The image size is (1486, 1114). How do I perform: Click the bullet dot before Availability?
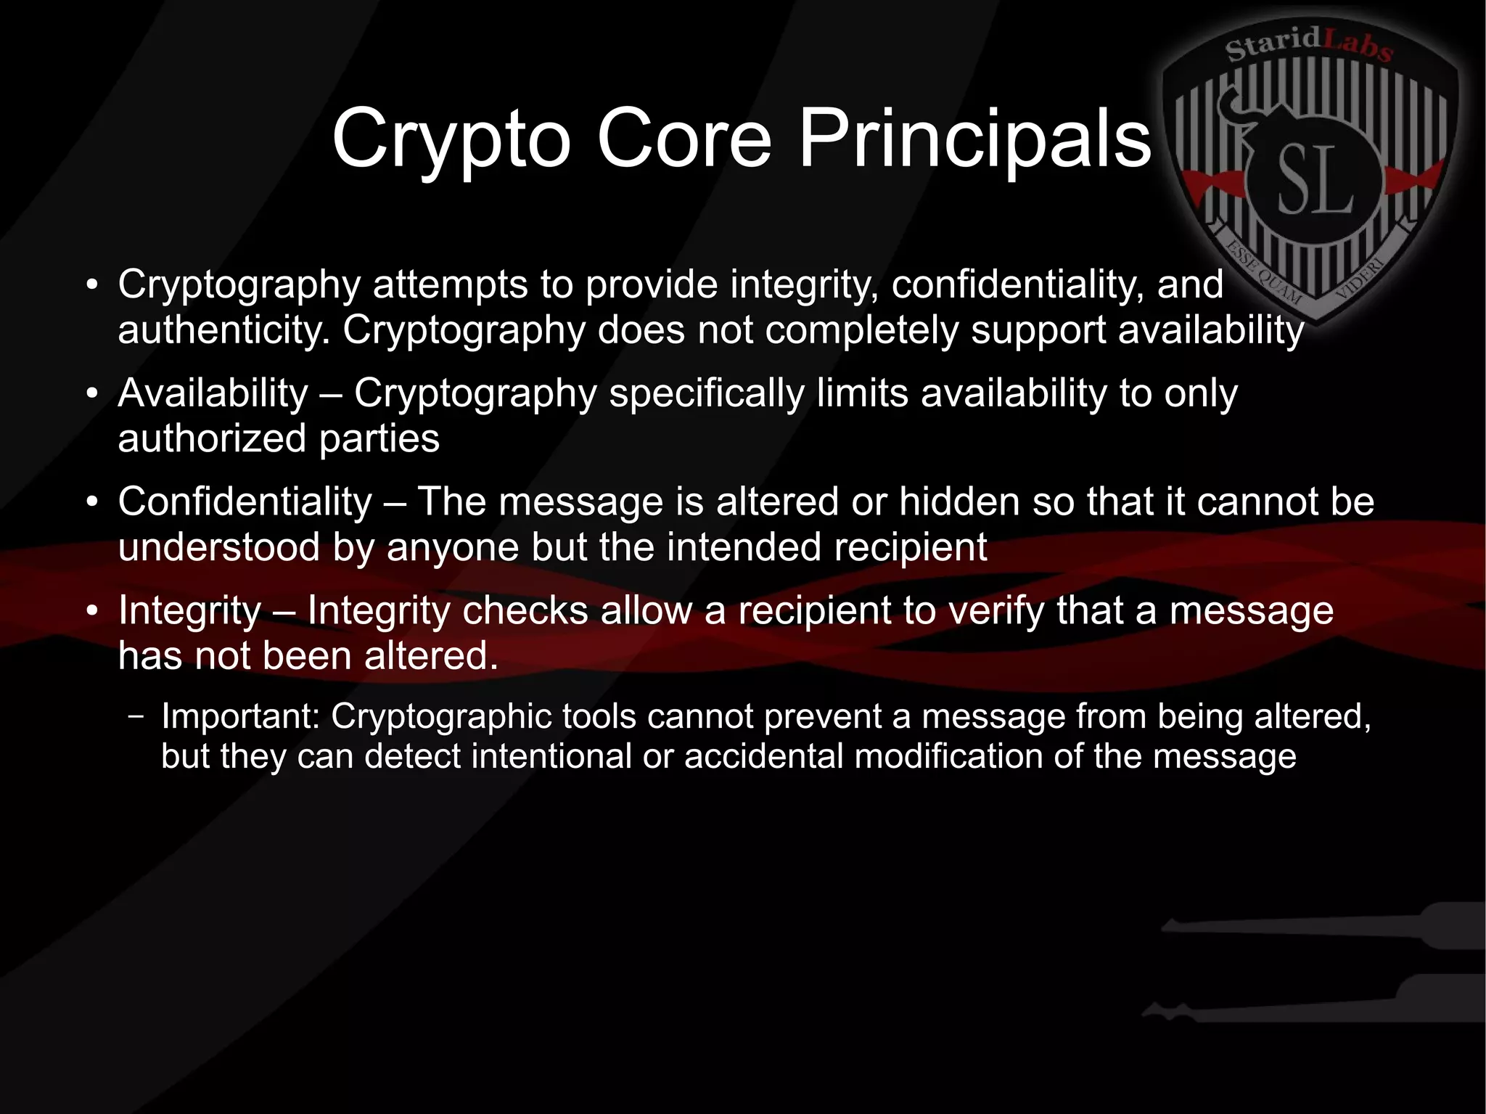coord(91,394)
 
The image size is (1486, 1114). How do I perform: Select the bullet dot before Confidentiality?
coord(91,503)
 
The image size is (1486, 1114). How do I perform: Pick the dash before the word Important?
coord(135,717)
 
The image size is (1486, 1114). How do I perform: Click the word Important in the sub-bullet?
coord(240,716)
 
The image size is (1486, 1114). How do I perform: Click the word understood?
coord(218,547)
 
